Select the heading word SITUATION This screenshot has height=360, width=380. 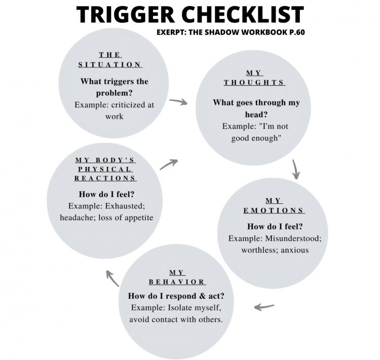click(110, 64)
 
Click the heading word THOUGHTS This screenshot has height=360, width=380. click(254, 82)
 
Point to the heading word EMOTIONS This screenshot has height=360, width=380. click(274, 210)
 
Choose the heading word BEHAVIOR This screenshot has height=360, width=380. click(176, 281)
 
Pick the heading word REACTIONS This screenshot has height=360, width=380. click(105, 178)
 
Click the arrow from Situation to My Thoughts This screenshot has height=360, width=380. click(178, 102)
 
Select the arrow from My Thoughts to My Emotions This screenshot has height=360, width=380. click(296, 170)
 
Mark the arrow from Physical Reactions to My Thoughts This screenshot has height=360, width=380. click(169, 164)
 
